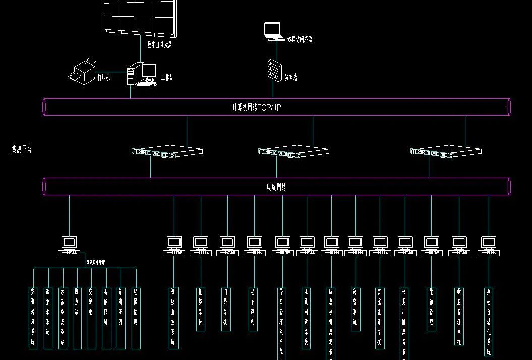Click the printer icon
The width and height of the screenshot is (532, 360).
point(82,72)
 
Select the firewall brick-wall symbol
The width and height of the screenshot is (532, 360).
point(274,70)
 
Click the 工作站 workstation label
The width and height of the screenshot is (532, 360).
point(167,78)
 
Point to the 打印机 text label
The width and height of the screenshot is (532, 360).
point(104,77)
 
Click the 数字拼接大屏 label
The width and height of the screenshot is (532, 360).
point(160,45)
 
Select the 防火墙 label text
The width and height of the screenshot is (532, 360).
point(291,78)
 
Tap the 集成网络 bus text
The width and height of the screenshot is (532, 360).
point(276,187)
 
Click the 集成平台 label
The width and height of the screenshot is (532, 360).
point(22,149)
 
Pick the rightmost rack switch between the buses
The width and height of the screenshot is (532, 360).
point(446,151)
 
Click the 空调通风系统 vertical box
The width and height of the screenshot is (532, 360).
point(34,318)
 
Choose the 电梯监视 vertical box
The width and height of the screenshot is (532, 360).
point(136,318)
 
